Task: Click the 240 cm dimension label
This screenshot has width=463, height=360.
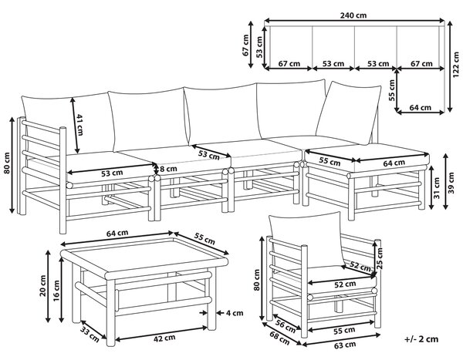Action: tap(353, 15)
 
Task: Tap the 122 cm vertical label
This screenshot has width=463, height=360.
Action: tap(456, 65)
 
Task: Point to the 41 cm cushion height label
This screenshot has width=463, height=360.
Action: tap(79, 125)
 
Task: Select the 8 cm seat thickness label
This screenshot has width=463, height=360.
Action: tap(168, 169)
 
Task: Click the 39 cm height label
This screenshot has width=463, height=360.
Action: tap(451, 183)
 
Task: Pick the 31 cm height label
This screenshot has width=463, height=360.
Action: tap(438, 188)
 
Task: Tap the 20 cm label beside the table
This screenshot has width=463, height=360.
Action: tap(42, 285)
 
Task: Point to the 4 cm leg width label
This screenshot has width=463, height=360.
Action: tap(235, 313)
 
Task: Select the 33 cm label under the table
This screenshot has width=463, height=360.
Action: tap(90, 335)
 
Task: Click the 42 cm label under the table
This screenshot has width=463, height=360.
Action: tap(164, 338)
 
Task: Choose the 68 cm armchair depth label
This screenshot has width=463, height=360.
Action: tap(279, 338)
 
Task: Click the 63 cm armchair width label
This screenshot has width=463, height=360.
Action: tap(345, 345)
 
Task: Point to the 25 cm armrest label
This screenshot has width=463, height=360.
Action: tap(380, 258)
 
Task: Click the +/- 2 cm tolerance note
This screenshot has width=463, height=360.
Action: tap(421, 339)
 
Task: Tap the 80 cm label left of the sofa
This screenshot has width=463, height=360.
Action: tap(7, 163)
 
